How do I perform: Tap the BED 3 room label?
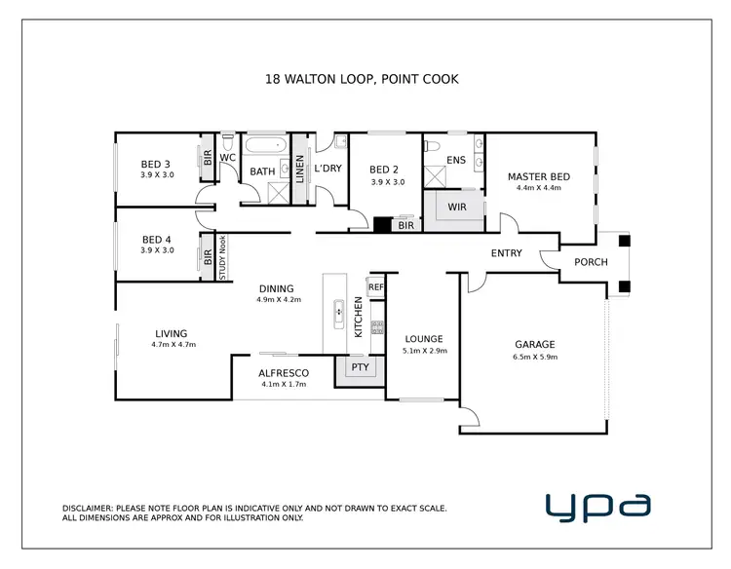[x=157, y=164]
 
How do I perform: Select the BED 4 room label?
[x=157, y=239]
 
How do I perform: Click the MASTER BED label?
[x=538, y=176]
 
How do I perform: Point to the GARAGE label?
[x=534, y=344]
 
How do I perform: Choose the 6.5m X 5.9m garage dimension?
[x=534, y=357]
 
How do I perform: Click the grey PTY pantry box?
[x=360, y=367]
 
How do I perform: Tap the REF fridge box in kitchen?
[x=377, y=287]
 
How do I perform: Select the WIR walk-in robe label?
[x=457, y=208]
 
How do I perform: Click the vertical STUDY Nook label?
[x=222, y=258]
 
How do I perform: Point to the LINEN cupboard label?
[x=299, y=169]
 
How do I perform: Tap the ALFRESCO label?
[x=284, y=373]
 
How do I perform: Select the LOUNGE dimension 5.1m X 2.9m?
[x=424, y=351]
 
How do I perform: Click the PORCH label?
[x=591, y=261]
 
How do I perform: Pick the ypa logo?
[x=596, y=506]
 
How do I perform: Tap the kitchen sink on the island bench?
[x=339, y=312]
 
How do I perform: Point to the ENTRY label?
[x=506, y=253]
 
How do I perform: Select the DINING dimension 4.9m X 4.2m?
[x=277, y=300]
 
